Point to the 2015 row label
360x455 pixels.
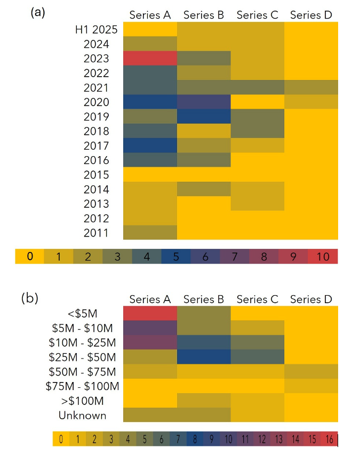[x=97, y=175]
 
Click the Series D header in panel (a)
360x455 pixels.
[x=311, y=15]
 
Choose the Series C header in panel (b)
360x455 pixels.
[x=258, y=299]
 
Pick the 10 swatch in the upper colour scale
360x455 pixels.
[x=323, y=256]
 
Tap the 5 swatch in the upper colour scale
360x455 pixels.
[x=176, y=256]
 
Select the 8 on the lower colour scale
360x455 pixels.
[x=196, y=439]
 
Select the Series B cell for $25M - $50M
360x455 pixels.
[x=204, y=356]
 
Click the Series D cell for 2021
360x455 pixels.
[x=311, y=87]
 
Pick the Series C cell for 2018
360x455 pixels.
[x=258, y=131]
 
